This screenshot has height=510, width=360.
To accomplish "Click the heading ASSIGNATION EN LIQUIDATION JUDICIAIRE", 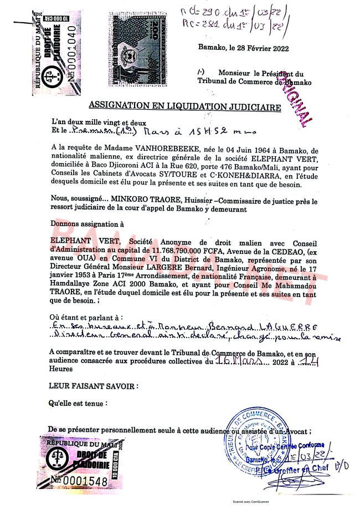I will [x=185, y=106].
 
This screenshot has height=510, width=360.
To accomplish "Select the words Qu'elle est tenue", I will [x=78, y=404].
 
